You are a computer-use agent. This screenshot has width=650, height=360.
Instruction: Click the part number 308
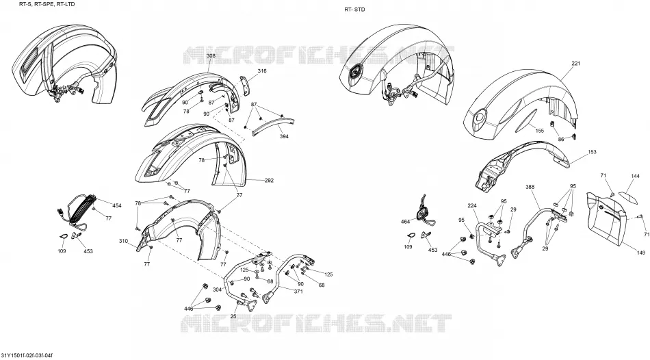pos(211,55)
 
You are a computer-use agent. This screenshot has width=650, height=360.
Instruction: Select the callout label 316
pos(262,71)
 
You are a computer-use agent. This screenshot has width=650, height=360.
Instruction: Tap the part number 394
pos(284,136)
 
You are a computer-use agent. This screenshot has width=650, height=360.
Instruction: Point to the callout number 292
pos(269,181)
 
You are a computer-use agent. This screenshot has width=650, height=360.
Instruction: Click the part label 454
pos(117,206)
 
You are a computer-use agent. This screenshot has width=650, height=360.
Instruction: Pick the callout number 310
pos(124,241)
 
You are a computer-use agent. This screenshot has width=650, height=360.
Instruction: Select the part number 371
pos(298,292)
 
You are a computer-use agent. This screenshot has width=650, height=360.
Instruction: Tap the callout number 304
pos(217,290)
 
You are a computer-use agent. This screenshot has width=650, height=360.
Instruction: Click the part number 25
pos(233,316)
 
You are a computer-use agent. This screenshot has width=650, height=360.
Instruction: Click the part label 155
pos(539,131)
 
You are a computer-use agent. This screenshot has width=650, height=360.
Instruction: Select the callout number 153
pos(592,152)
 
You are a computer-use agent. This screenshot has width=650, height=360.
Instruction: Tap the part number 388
pos(530,187)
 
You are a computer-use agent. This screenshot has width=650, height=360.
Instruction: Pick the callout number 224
pos(472,206)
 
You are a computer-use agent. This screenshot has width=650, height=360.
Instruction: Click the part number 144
pos(635,177)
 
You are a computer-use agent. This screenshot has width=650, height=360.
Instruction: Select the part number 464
pos(405,222)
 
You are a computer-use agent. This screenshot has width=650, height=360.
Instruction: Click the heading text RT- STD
pos(355,10)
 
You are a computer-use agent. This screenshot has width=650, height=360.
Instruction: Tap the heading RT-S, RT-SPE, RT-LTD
pos(47,3)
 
